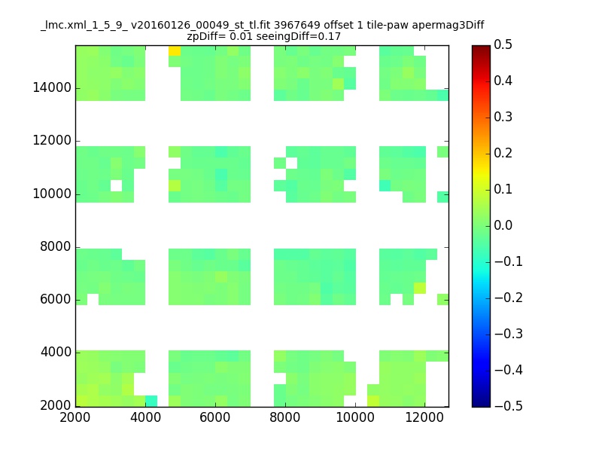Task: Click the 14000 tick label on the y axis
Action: coord(52,87)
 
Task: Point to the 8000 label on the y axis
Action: coord(56,246)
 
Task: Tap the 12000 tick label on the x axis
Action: coord(424,417)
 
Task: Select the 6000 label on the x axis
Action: coord(215,417)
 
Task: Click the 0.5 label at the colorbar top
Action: coord(503,44)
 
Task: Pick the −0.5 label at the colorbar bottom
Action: coord(509,406)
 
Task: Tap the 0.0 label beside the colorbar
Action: coord(503,225)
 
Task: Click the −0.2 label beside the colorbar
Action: coord(509,298)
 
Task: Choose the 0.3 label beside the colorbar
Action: coord(503,117)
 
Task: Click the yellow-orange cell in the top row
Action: coord(175,50)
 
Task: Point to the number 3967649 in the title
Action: coord(296,25)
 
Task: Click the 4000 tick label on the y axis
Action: coord(56,352)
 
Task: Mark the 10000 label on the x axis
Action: coord(355,417)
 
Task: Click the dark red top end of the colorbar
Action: coord(481,47)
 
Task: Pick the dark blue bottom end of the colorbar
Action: coord(481,404)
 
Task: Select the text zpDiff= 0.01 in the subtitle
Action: coord(220,36)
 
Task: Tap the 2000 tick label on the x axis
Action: coord(74,417)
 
